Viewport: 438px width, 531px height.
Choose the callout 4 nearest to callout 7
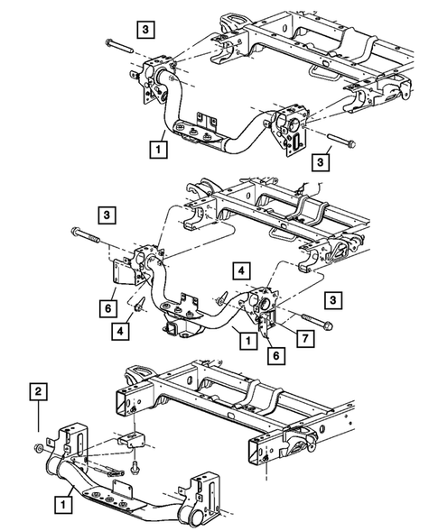click(x=242, y=269)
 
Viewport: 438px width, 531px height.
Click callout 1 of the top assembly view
click(x=160, y=146)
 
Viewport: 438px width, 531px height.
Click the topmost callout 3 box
click(x=144, y=27)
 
